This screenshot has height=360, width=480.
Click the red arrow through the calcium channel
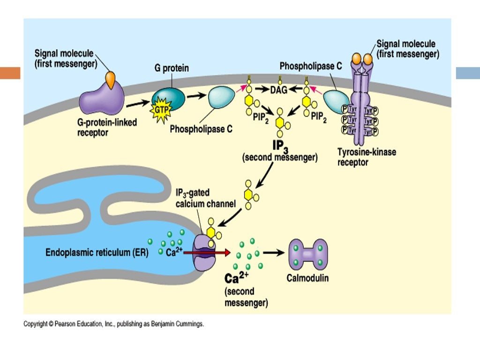(207, 253)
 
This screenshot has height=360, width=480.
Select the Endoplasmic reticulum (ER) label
(97, 253)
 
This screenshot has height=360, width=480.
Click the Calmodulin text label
(307, 278)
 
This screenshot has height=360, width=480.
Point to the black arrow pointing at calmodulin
(274, 253)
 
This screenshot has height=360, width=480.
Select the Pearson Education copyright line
(114, 324)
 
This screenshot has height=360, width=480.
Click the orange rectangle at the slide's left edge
(10, 73)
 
